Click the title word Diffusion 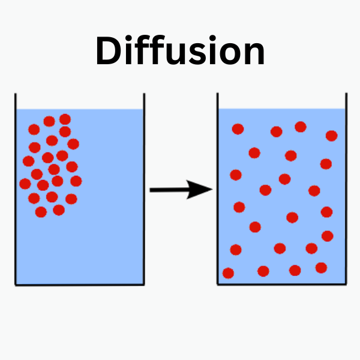click(x=180, y=51)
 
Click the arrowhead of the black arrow click(x=205, y=190)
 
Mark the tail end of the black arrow click(x=151, y=190)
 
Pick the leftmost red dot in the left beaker click(x=25, y=184)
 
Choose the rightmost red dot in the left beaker click(x=76, y=181)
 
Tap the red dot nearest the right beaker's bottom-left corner click(x=228, y=273)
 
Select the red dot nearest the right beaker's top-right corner click(x=332, y=136)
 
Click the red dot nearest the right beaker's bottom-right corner click(x=321, y=268)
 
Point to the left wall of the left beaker click(x=15, y=192)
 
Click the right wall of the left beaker click(x=144, y=192)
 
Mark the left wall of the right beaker click(x=217, y=192)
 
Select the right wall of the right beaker click(x=346, y=192)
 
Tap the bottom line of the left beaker click(x=79, y=284)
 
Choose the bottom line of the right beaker click(x=282, y=284)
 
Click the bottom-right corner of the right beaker click(x=346, y=284)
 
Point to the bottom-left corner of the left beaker click(x=16, y=284)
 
